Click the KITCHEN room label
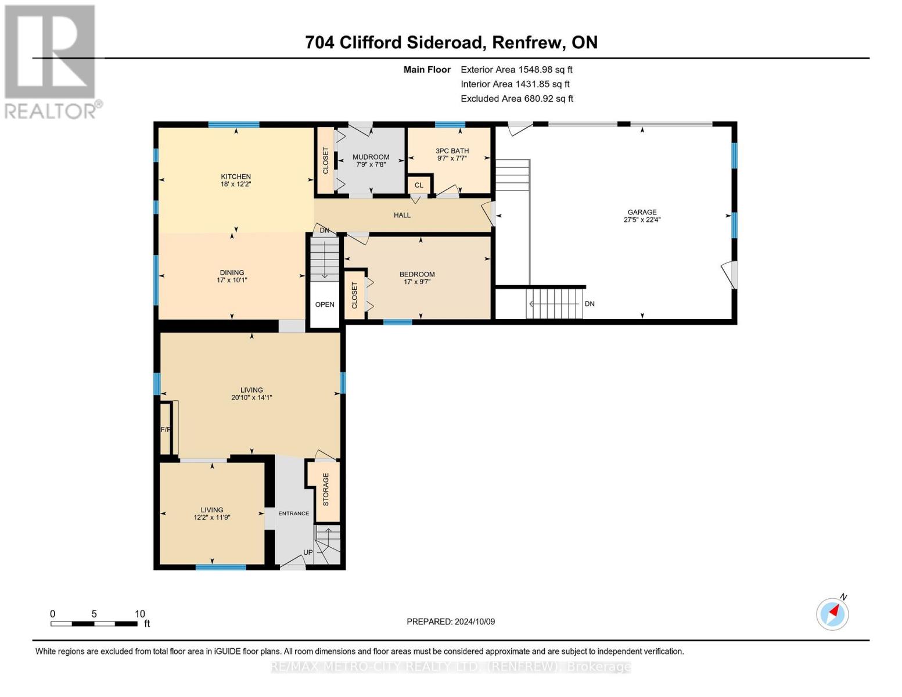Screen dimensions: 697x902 point(235,177)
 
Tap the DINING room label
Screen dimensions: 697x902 point(232,272)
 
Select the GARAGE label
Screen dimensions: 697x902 point(642,212)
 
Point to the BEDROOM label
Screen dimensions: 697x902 point(417,274)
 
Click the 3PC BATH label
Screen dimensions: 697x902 point(452,151)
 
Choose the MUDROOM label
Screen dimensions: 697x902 point(371,157)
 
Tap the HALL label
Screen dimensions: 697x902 point(402,215)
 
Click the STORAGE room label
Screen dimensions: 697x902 point(326,489)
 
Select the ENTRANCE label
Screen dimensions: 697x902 point(293,513)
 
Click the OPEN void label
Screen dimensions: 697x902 point(325,304)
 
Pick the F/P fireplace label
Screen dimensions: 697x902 point(166,430)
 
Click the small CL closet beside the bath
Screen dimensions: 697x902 point(419,185)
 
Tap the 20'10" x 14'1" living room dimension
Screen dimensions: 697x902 point(251,398)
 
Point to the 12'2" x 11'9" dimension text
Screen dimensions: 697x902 point(212,517)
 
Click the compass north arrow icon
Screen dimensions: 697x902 point(833,613)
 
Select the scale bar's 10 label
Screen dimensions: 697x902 point(139,614)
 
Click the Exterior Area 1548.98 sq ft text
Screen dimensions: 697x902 point(516,69)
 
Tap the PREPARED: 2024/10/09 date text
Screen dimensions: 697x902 point(451,621)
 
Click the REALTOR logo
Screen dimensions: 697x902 point(51,61)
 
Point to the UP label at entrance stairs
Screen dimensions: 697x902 point(308,552)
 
